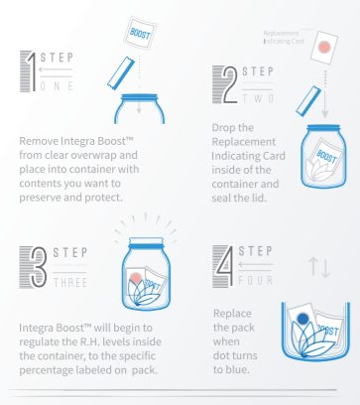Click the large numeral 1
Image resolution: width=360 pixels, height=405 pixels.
click(x=32, y=71)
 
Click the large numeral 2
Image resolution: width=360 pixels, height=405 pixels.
click(x=230, y=84)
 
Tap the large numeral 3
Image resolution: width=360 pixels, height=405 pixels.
click(x=39, y=267)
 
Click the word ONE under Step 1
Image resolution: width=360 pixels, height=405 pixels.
click(x=57, y=86)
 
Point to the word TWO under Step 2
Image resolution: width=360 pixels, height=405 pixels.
click(x=258, y=98)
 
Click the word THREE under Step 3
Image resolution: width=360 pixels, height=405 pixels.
click(x=70, y=283)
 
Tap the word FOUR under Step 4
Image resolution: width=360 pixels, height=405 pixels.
click(x=256, y=281)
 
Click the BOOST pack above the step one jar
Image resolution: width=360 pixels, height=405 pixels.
click(x=140, y=33)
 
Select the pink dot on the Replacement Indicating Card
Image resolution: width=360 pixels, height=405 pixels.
click(x=324, y=47)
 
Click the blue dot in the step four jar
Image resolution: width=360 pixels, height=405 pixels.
click(x=302, y=319)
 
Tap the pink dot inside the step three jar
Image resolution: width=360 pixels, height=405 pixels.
click(x=135, y=278)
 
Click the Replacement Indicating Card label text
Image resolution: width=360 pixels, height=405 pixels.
click(x=284, y=37)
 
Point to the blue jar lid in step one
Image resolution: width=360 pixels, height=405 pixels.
click(x=139, y=97)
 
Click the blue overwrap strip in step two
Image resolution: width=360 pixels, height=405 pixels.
click(x=308, y=101)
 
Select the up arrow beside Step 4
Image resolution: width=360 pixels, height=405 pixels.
click(x=312, y=266)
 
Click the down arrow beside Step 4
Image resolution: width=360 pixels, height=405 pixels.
click(x=325, y=269)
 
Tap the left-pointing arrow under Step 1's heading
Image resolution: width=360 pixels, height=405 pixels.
click(x=56, y=69)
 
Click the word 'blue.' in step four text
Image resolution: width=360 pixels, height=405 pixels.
click(x=236, y=369)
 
